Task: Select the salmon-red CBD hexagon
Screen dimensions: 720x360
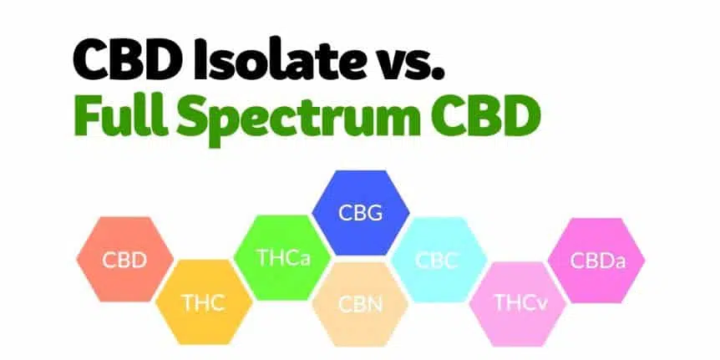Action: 125,260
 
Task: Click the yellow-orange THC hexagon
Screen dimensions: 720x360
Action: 204,302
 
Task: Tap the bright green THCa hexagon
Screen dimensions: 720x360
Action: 282,257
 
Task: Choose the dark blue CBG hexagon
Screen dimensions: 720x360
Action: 361,213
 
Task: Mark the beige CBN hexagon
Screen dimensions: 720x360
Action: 361,304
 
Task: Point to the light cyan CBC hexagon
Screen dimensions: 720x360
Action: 439,260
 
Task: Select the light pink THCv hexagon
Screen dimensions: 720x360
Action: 518,304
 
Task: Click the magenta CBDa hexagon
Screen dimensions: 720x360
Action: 596,261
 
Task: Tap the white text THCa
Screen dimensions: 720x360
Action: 284,257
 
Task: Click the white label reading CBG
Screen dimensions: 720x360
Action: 361,213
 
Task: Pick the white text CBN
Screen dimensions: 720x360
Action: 361,304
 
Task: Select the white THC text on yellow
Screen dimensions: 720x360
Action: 204,302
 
